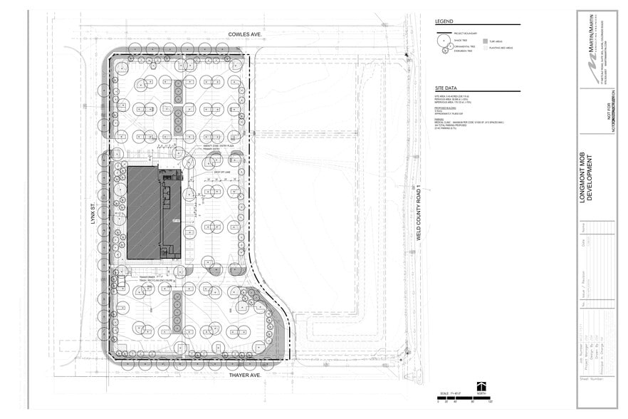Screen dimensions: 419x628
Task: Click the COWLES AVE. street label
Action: tap(246, 33)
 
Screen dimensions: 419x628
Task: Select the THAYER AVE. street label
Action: tap(246, 374)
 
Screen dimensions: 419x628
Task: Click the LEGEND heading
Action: tap(444, 22)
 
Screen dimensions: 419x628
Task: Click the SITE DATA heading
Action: tap(446, 86)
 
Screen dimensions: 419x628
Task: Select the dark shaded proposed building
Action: tap(143, 213)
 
